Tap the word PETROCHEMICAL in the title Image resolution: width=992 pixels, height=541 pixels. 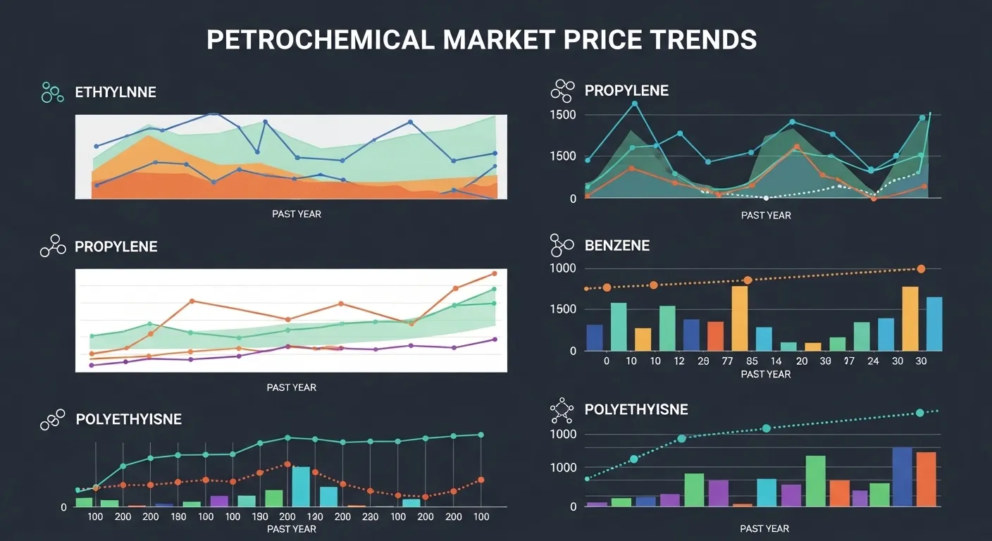coord(321,39)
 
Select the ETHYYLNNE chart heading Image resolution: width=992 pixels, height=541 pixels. coord(116,92)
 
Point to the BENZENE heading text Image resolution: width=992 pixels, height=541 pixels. coord(617,246)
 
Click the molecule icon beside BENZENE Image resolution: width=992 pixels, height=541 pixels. coord(562,245)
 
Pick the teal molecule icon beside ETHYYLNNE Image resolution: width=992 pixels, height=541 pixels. coord(52,92)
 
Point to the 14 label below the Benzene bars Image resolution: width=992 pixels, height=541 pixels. coord(776,361)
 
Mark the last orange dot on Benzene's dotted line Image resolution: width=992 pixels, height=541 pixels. coord(921,269)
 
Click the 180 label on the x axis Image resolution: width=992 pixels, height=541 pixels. coord(178,517)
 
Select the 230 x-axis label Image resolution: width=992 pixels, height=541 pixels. coord(370,517)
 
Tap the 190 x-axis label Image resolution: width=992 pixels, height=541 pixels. coord(261,517)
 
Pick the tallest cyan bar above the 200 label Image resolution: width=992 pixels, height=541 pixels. coord(301,486)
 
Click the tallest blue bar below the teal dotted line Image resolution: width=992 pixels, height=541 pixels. coord(902,476)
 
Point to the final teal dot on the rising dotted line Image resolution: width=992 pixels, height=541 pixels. coord(919,413)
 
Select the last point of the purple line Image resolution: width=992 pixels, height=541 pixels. coord(495,340)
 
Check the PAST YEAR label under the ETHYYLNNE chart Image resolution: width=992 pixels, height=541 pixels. coord(297,213)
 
